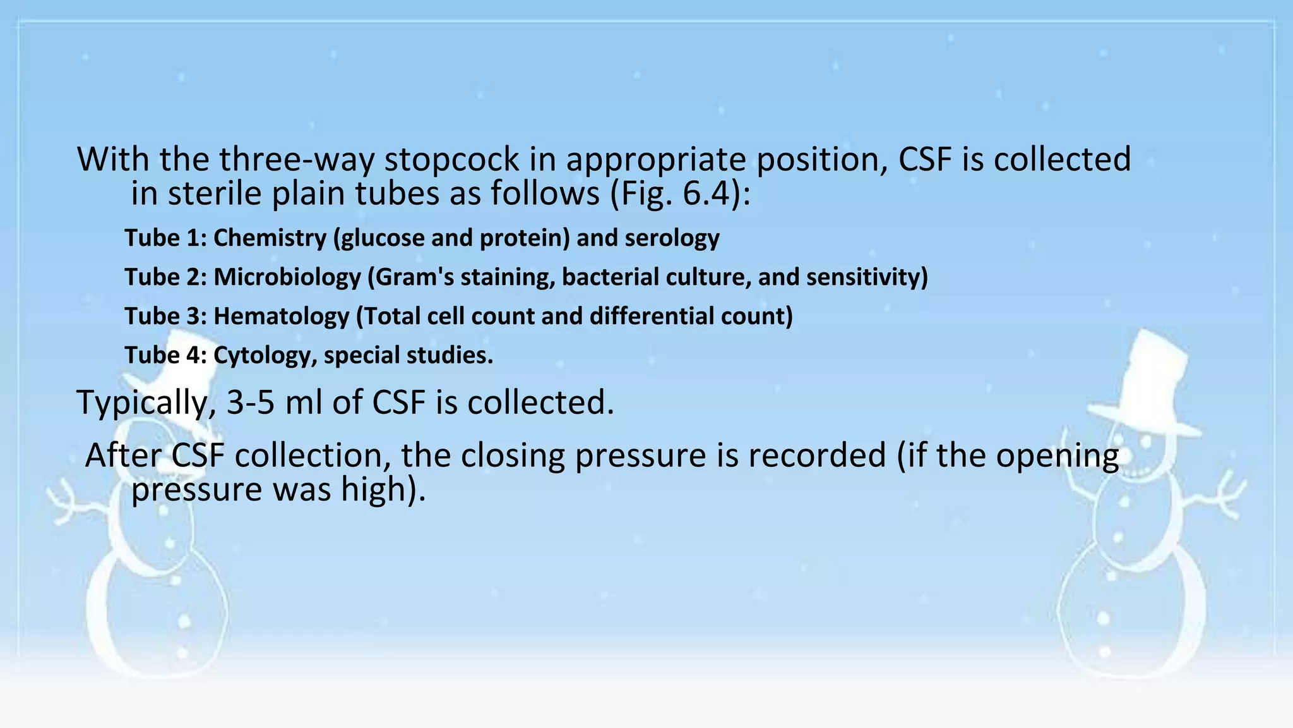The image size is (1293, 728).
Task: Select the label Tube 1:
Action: [x=165, y=238]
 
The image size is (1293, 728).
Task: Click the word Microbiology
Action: [x=287, y=277]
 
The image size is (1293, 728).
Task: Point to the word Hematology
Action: [x=281, y=317]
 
